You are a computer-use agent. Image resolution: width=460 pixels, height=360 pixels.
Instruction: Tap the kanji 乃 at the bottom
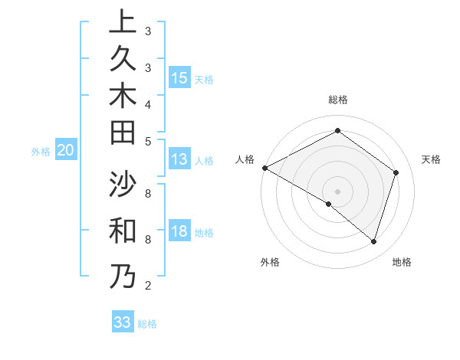point(123,276)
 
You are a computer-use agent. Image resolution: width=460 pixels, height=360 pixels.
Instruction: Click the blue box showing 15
point(179,78)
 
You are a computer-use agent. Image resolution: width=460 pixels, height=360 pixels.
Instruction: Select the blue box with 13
point(179,159)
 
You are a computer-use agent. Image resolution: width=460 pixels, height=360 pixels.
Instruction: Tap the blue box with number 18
point(179,232)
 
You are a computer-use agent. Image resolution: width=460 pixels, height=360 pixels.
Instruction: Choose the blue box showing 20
point(66,151)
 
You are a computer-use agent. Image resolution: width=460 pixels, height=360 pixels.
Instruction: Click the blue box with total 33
point(122,322)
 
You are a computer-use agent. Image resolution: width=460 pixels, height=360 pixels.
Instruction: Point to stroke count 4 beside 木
point(148,104)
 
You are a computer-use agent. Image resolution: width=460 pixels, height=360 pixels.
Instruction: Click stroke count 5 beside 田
point(148,140)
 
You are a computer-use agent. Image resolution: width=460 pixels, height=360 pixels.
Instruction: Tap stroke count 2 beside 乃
point(148,286)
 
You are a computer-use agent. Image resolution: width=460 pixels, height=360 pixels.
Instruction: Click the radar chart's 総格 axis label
point(337,100)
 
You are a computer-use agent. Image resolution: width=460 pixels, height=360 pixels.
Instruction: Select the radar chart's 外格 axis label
point(270,262)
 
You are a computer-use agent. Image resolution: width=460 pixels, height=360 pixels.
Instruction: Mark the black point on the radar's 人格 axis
point(264,168)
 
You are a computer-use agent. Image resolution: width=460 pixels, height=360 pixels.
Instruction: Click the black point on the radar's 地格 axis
point(374,241)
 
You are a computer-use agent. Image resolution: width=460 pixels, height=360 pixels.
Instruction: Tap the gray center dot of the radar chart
point(337,191)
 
